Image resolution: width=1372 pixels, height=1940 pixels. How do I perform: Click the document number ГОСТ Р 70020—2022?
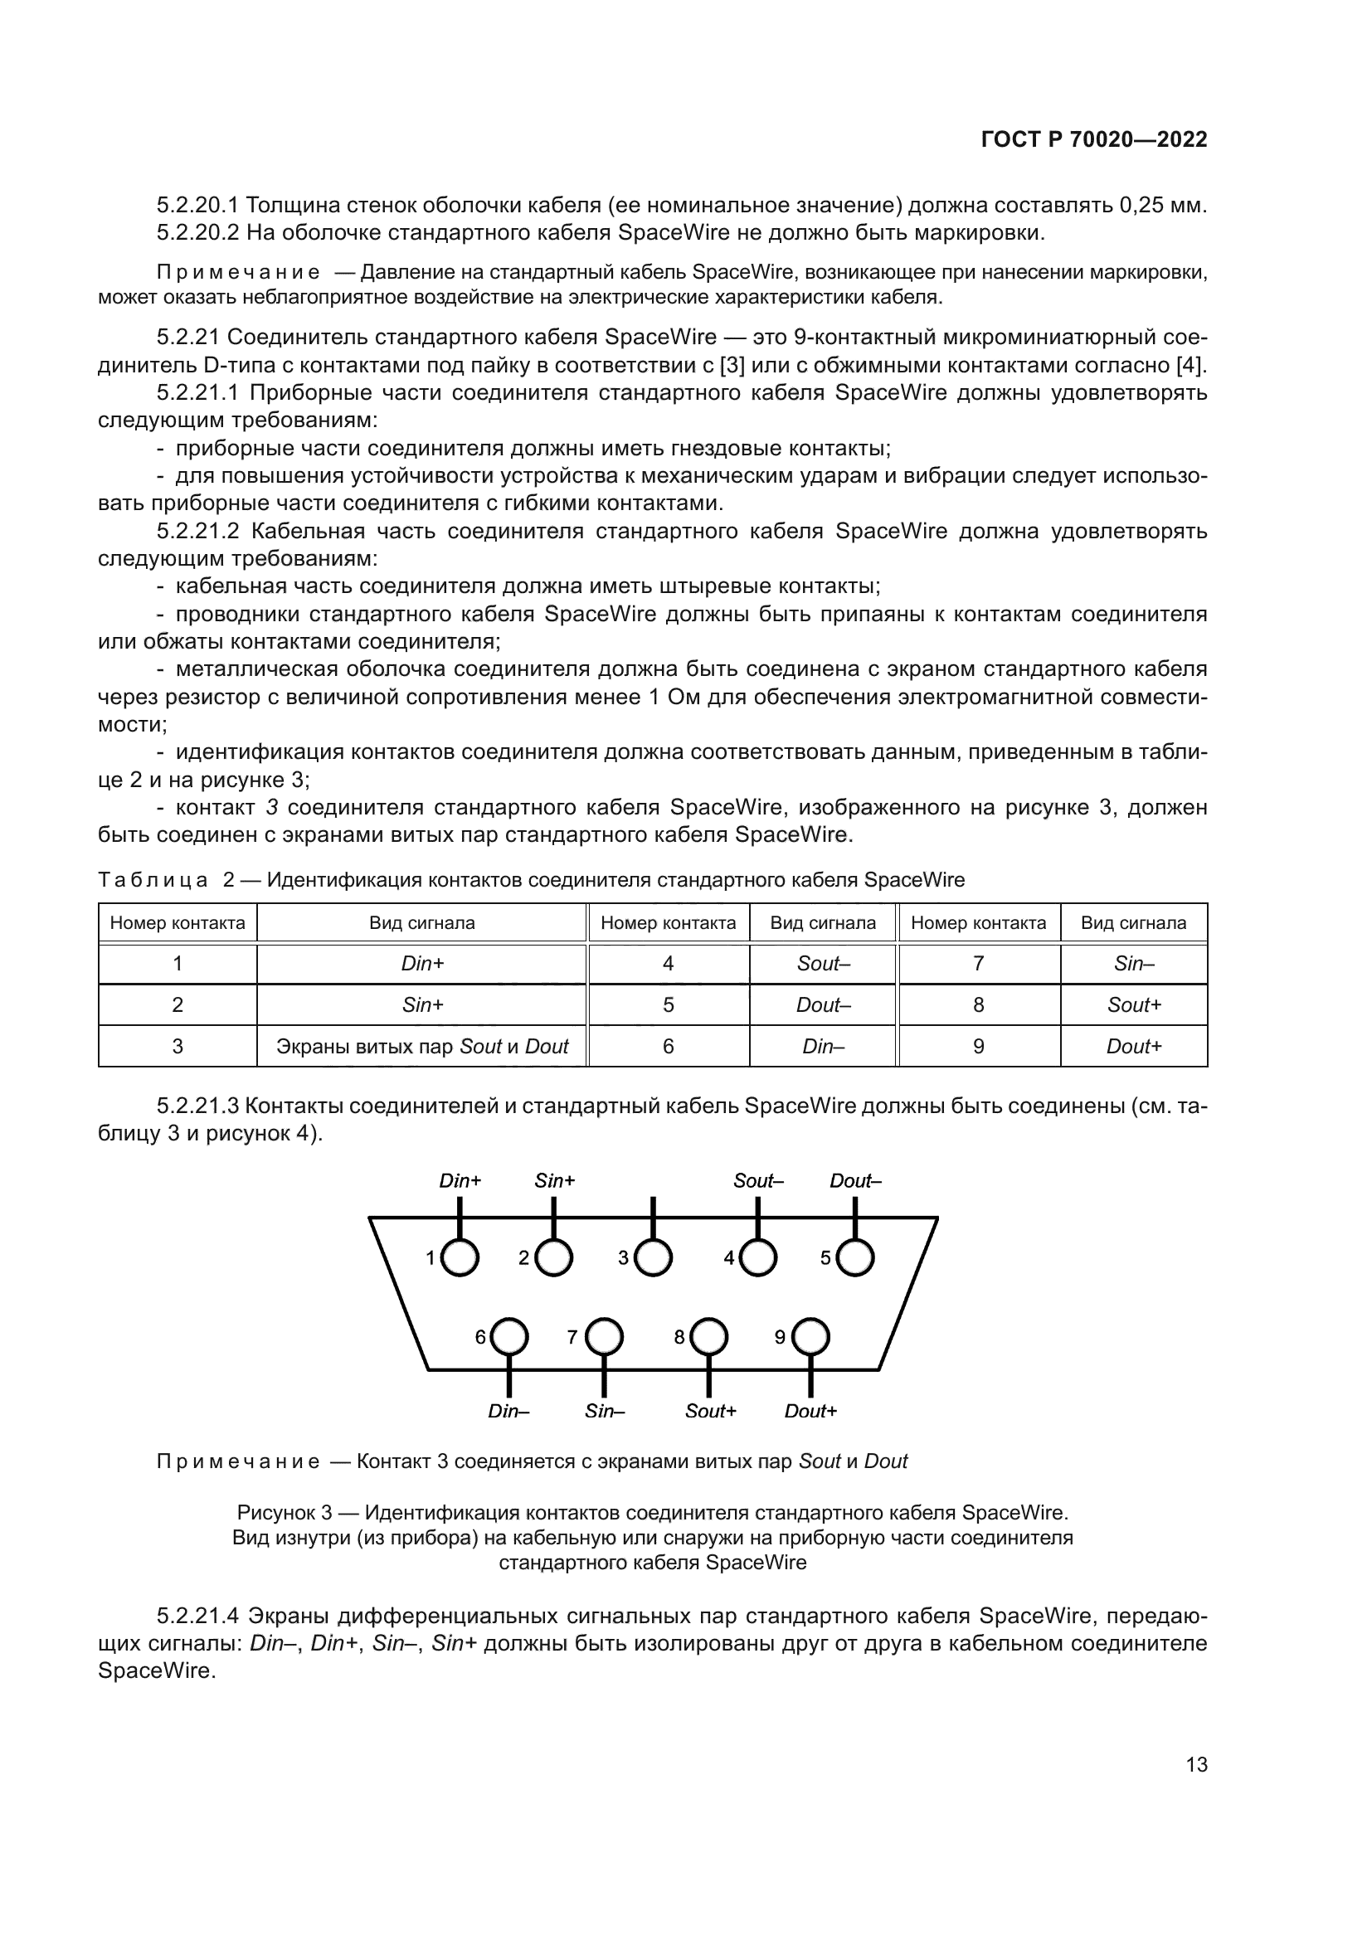(x=1094, y=139)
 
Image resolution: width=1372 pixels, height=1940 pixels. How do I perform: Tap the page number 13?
(x=1196, y=1765)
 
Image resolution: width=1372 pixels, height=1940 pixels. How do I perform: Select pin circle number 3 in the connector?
(x=653, y=1258)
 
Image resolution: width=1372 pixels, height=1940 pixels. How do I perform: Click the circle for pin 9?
(x=810, y=1337)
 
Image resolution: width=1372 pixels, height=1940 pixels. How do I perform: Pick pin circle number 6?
(x=509, y=1337)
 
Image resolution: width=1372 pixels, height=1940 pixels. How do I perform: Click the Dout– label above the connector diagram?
(x=855, y=1181)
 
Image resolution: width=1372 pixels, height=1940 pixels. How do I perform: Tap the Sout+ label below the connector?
(x=711, y=1411)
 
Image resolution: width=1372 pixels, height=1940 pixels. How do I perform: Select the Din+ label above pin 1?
(x=460, y=1181)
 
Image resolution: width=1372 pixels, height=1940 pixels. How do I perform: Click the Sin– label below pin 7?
(x=605, y=1411)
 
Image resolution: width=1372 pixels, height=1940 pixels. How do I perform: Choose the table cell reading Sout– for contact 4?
(x=823, y=964)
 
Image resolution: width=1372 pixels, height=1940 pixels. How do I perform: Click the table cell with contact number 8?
(x=978, y=1004)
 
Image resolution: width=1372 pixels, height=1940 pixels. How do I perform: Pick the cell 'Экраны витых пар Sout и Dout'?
(x=422, y=1046)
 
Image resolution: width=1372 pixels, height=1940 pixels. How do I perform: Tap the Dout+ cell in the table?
(x=1134, y=1046)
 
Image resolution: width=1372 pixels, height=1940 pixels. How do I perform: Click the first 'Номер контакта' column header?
(x=178, y=922)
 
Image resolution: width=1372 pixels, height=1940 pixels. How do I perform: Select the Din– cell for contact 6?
(x=823, y=1046)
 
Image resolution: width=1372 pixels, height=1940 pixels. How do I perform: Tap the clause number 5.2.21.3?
(x=199, y=1106)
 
